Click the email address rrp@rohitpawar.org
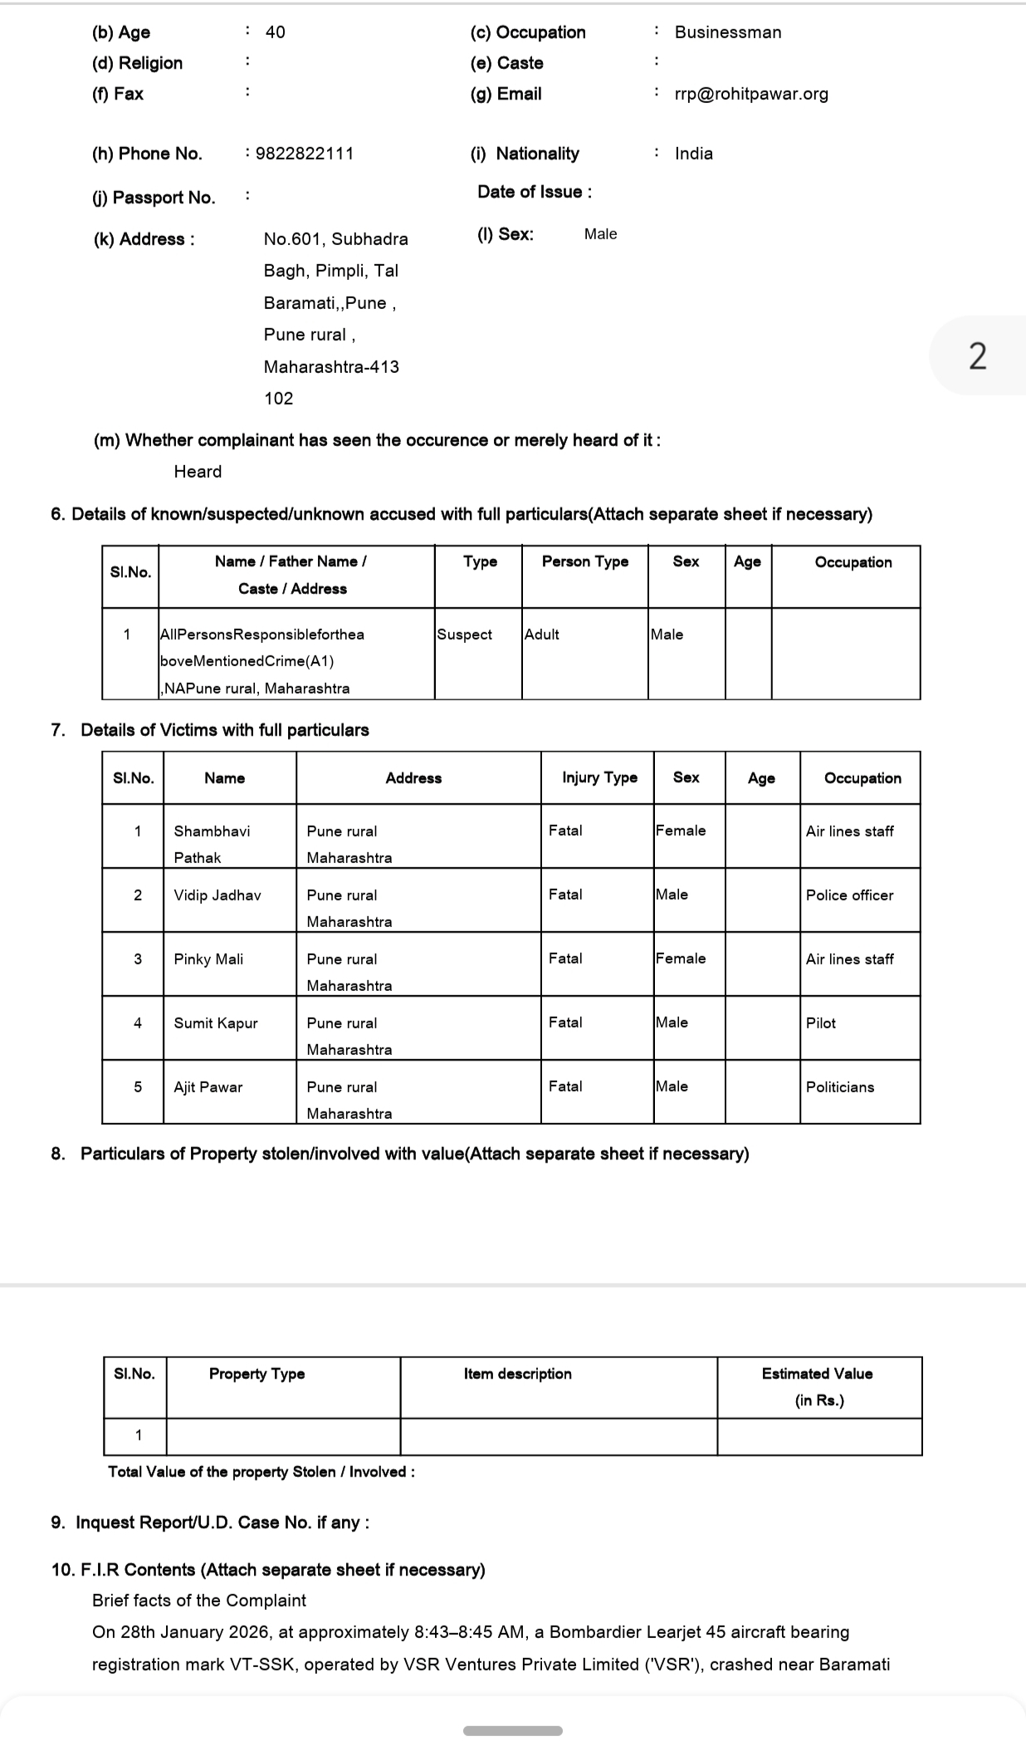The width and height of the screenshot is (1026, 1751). pyautogui.click(x=751, y=94)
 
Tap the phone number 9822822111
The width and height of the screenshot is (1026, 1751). pyautogui.click(x=305, y=154)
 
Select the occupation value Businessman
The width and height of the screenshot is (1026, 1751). pyautogui.click(x=727, y=32)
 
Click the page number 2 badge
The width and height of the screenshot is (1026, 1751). pyautogui.click(x=978, y=356)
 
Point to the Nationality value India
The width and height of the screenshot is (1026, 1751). pyautogui.click(x=693, y=154)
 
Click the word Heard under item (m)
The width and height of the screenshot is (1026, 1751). pyautogui.click(x=198, y=472)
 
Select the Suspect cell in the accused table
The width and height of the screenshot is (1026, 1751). pyautogui.click(x=465, y=635)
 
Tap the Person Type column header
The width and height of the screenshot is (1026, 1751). pyautogui.click(x=585, y=562)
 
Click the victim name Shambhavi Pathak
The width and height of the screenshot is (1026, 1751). pyautogui.click(x=212, y=843)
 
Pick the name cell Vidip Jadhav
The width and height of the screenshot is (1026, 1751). pyautogui.click(x=217, y=895)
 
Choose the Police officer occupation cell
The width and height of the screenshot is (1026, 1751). pyautogui.click(x=849, y=895)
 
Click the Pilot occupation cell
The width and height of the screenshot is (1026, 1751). pyautogui.click(x=821, y=1023)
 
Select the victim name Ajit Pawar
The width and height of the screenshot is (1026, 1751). pyautogui.click(x=208, y=1087)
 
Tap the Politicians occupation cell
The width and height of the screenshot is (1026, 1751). pyautogui.click(x=840, y=1087)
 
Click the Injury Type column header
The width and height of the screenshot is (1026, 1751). pyautogui.click(x=599, y=777)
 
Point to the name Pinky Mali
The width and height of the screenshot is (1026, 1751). pyautogui.click(x=208, y=959)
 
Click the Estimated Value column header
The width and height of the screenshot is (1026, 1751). pyautogui.click(x=818, y=1386)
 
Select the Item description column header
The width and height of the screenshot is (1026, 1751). pyautogui.click(x=517, y=1374)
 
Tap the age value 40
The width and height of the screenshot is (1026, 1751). pyautogui.click(x=275, y=32)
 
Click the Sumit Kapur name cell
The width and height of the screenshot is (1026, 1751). pyautogui.click(x=216, y=1023)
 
